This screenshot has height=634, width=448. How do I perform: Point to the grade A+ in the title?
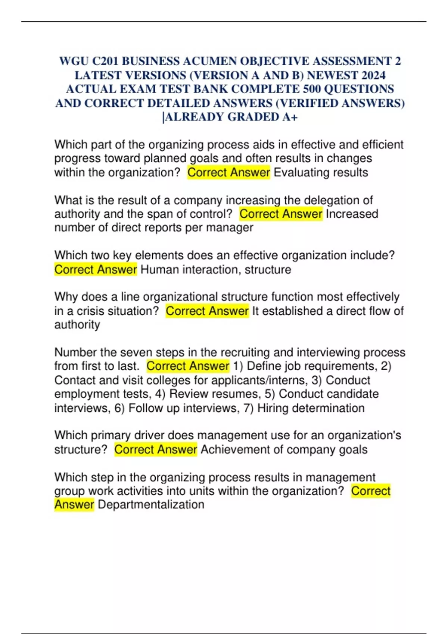(290, 117)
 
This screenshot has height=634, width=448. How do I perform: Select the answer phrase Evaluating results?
(321, 173)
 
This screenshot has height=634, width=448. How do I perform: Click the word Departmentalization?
(151, 505)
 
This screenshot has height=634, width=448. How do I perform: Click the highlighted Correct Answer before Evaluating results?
(228, 173)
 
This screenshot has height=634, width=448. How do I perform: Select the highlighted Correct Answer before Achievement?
(156, 450)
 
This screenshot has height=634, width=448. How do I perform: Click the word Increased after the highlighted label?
(352, 214)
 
